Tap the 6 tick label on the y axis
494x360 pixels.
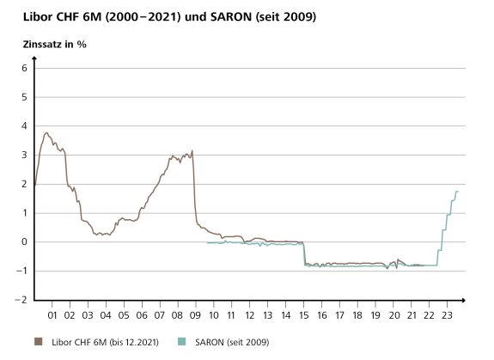point(25,69)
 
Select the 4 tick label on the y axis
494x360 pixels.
point(25,126)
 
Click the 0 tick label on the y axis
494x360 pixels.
point(25,242)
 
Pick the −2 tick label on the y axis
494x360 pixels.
point(22,300)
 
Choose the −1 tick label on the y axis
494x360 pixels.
point(22,271)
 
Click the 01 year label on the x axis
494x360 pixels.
point(52,314)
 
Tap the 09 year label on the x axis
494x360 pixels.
point(197,314)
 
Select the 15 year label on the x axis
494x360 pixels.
point(305,314)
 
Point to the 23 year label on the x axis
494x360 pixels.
point(448,314)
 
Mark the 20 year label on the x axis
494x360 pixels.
point(394,314)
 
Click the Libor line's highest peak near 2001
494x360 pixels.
point(46,132)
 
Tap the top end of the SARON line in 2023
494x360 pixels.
point(458,191)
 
